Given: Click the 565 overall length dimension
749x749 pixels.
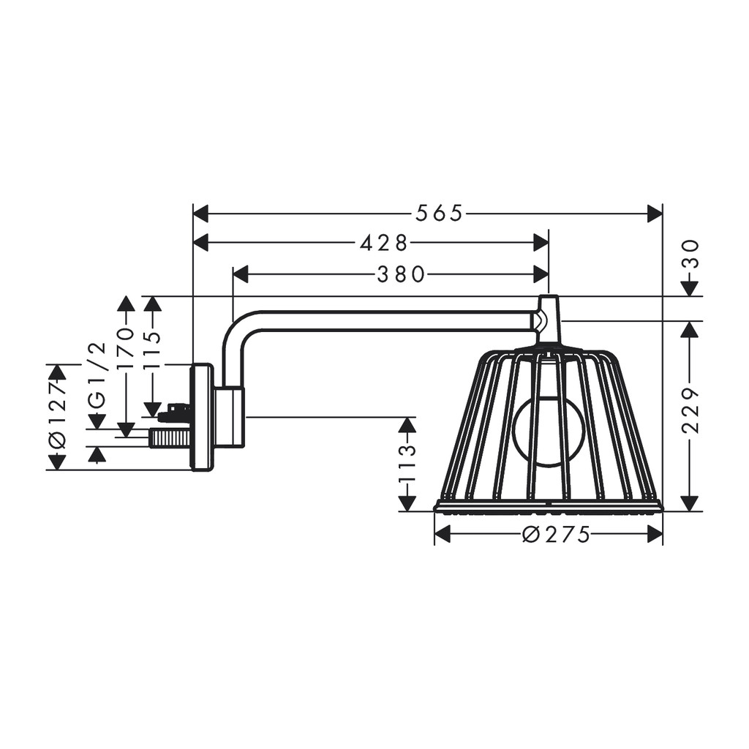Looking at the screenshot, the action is [439, 213].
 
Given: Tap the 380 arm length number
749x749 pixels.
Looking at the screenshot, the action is [401, 274].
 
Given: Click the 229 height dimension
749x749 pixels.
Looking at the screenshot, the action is [690, 411].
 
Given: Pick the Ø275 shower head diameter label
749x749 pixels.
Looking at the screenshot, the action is [556, 535].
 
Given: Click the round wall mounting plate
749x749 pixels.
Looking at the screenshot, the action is [202, 417].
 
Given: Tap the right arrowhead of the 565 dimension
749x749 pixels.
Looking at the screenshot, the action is [655, 213].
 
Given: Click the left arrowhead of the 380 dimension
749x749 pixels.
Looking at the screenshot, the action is [241, 274].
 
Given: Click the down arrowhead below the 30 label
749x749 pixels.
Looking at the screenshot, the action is [690, 288].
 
